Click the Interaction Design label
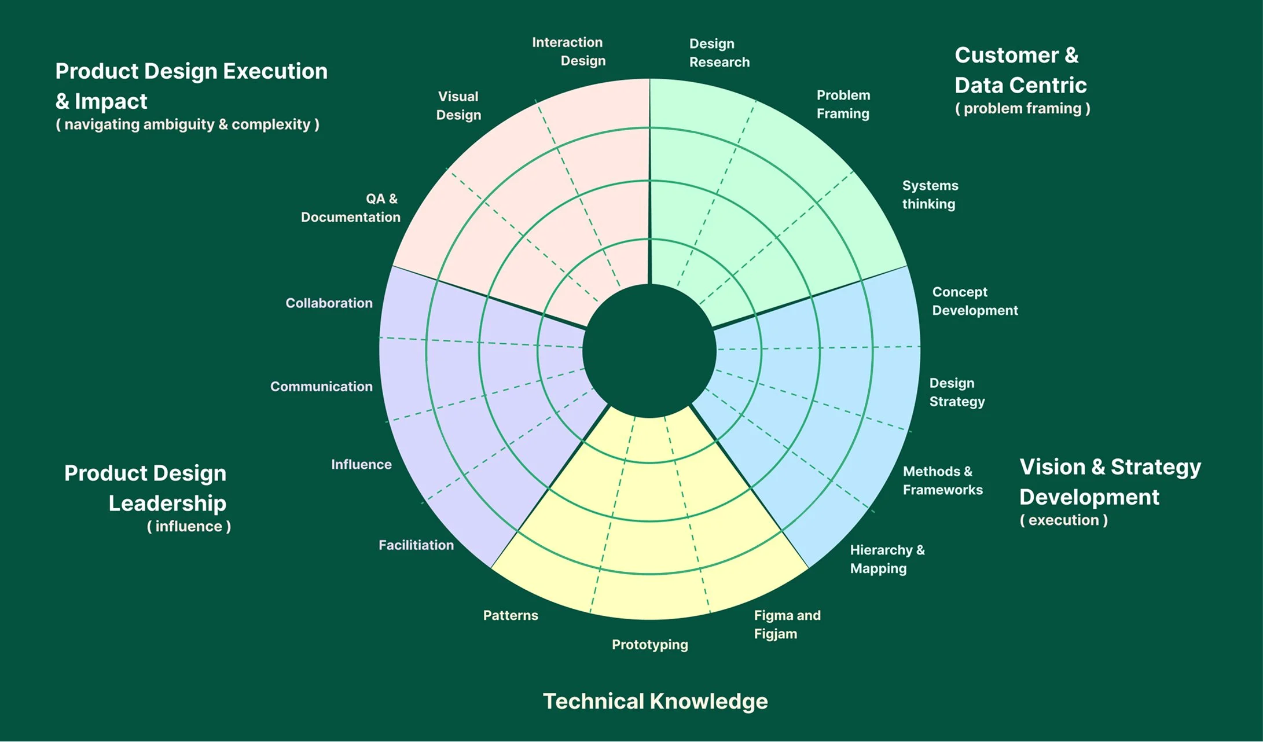tap(568, 52)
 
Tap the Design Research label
tap(719, 53)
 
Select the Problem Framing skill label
tap(843, 104)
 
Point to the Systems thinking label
tap(930, 194)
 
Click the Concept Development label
tap(974, 301)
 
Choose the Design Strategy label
tap(957, 392)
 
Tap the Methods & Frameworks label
tap(942, 480)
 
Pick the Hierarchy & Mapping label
tap(887, 559)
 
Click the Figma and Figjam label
tap(787, 625)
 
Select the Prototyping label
tap(649, 644)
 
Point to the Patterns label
tap(511, 615)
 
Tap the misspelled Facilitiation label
tap(416, 545)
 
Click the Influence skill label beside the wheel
tap(361, 464)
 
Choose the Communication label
tap(321, 386)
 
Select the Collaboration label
tap(329, 303)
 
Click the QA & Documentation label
tap(351, 208)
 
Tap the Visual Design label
tap(458, 105)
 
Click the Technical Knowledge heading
tap(655, 701)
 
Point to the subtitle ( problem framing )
tap(1022, 108)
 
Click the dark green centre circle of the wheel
tap(649, 350)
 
